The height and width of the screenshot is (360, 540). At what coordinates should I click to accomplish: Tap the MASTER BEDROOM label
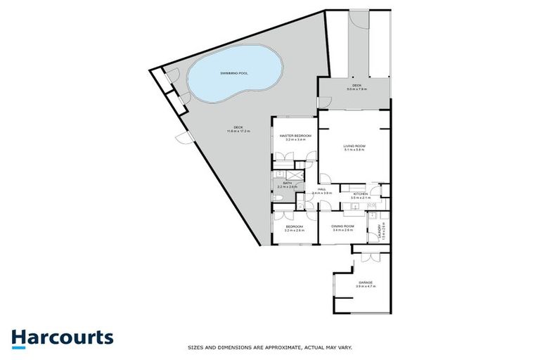tap(295, 135)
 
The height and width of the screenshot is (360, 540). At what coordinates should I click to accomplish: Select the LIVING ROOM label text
tap(354, 146)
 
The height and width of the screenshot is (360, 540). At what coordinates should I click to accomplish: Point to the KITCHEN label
tap(360, 193)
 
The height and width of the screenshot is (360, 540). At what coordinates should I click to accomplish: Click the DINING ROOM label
tap(343, 226)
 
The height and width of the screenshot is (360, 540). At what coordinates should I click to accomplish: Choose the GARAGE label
tap(364, 283)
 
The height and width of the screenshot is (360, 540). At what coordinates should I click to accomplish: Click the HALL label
tap(321, 189)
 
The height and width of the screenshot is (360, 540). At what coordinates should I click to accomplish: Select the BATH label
tap(287, 183)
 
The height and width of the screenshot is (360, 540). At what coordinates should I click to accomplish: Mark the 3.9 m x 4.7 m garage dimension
tap(364, 287)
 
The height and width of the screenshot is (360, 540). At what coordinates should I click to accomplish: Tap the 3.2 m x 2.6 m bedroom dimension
tap(295, 230)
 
